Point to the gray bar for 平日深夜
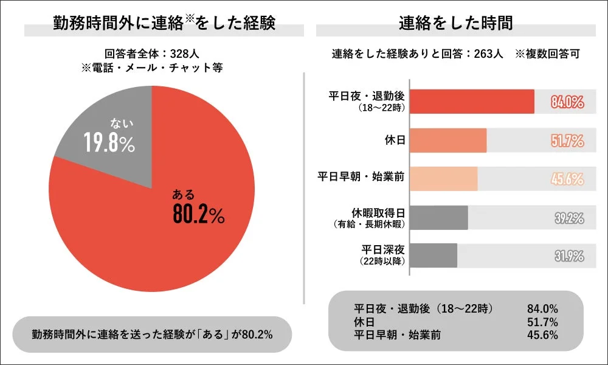pyautogui.click(x=434, y=255)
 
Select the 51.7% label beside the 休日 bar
pyautogui.click(x=567, y=141)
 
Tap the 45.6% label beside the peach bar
pyautogui.click(x=567, y=180)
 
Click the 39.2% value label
pyautogui.click(x=568, y=218)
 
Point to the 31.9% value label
pyautogui.click(x=568, y=256)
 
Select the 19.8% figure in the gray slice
pyautogui.click(x=109, y=144)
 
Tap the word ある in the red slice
pyautogui.click(x=183, y=195)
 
